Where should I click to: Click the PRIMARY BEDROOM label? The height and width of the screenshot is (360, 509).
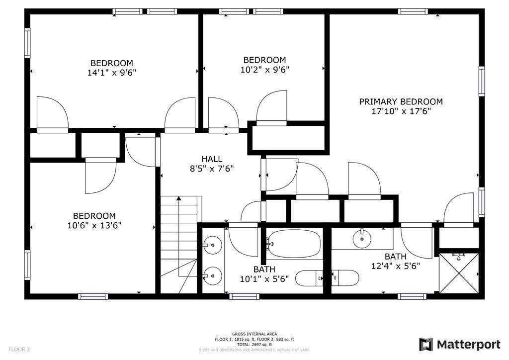[401, 101]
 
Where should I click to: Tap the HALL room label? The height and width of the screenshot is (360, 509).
[212, 159]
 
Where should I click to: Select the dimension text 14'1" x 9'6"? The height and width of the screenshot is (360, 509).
[111, 72]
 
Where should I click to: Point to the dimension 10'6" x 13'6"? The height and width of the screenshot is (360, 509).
[94, 225]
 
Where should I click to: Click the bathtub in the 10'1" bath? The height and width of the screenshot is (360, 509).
[293, 244]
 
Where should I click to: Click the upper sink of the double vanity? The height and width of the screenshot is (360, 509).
[213, 244]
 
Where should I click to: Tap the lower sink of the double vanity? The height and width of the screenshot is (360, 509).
[213, 274]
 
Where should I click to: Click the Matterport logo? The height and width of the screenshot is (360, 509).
[459, 344]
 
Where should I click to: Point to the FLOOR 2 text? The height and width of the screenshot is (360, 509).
[19, 350]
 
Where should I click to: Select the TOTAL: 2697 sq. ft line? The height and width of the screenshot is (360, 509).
[254, 344]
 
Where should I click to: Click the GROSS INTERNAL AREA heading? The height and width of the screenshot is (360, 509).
[254, 334]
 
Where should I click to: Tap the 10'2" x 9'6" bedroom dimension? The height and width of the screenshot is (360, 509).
[264, 70]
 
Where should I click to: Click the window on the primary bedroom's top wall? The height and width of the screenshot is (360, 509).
[413, 11]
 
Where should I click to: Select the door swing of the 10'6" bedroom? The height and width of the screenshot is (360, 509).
[101, 178]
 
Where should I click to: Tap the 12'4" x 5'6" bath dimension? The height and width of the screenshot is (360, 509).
[395, 266]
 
